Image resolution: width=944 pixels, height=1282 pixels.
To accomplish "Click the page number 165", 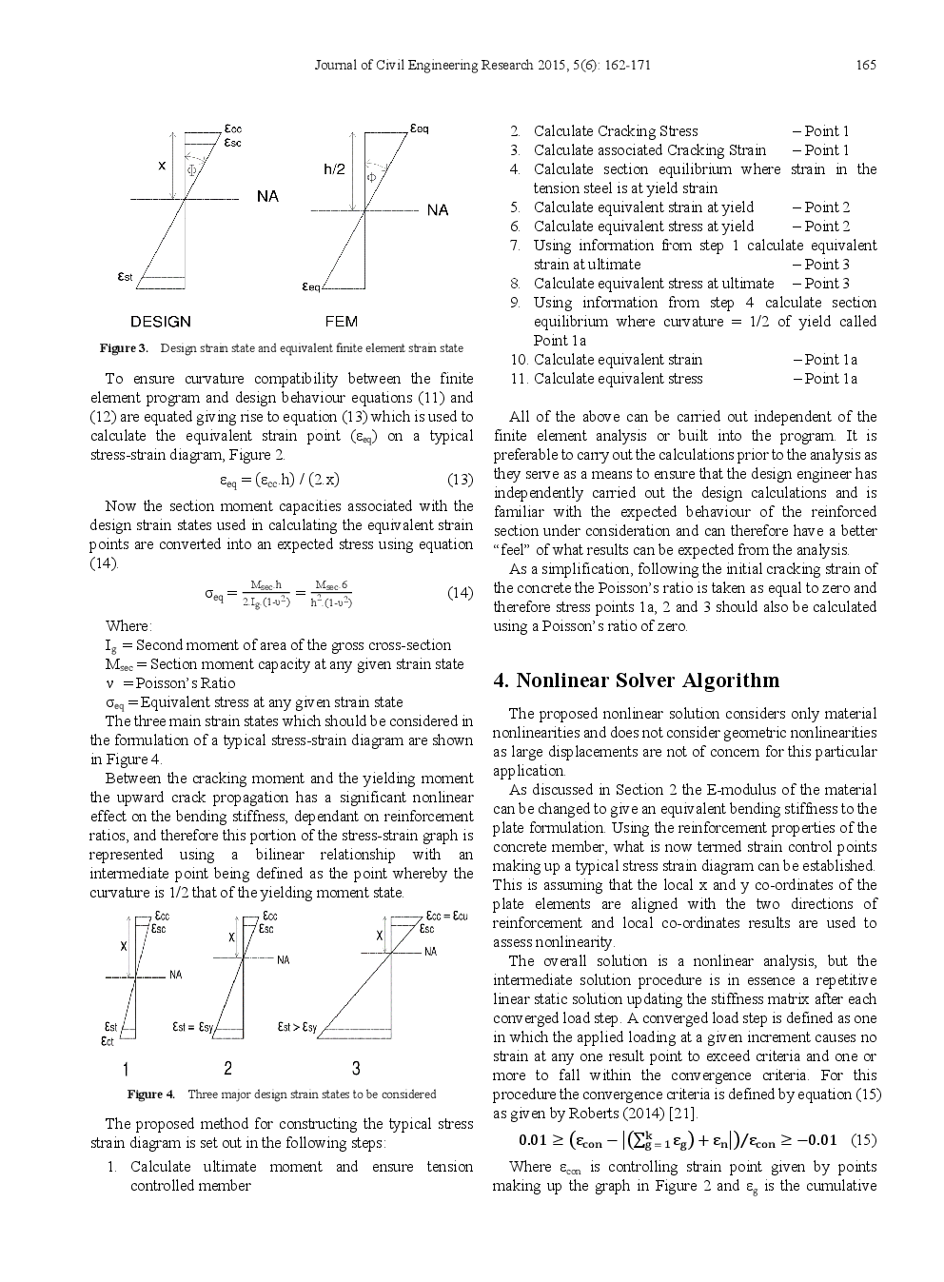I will [865, 65].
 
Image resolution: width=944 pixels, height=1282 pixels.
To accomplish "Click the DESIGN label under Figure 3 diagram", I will [160, 322].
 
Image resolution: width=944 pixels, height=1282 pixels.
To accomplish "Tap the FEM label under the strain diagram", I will [341, 322].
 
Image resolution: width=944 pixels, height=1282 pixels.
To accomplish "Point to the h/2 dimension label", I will [334, 169].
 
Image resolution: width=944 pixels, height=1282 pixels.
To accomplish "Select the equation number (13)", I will [460, 479].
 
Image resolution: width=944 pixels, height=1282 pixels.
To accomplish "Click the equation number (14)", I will [460, 593].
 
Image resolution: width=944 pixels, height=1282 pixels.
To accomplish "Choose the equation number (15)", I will [863, 1140].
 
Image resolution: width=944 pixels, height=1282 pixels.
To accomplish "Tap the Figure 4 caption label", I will [151, 1095].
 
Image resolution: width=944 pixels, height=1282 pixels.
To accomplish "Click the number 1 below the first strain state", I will [126, 1069].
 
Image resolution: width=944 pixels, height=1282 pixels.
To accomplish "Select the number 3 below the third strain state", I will [356, 1068].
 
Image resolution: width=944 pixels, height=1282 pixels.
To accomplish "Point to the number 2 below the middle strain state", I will [227, 1068].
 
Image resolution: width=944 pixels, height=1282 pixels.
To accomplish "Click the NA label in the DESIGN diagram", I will [267, 196].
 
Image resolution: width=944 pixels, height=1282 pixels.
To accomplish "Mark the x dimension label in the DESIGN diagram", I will [162, 165].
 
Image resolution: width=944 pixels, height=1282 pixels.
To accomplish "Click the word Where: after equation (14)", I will [128, 626].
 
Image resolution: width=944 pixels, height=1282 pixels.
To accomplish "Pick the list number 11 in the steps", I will [519, 379].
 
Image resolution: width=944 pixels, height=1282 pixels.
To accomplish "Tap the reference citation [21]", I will [682, 1114].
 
